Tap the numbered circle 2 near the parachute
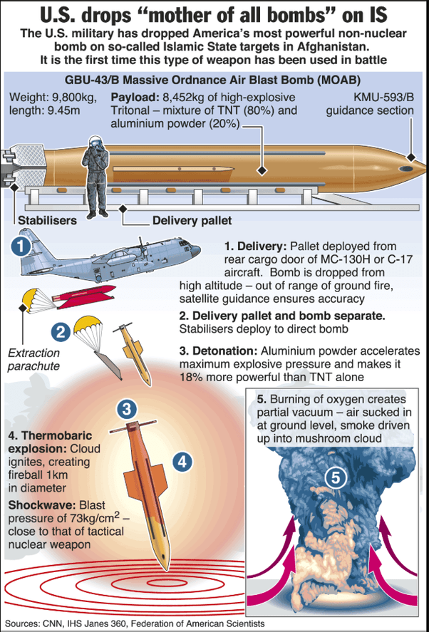[x=61, y=331]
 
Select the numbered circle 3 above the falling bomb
[x=126, y=408]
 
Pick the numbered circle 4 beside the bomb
[x=183, y=461]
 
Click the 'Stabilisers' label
[x=48, y=220]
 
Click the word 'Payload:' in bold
[x=135, y=97]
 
